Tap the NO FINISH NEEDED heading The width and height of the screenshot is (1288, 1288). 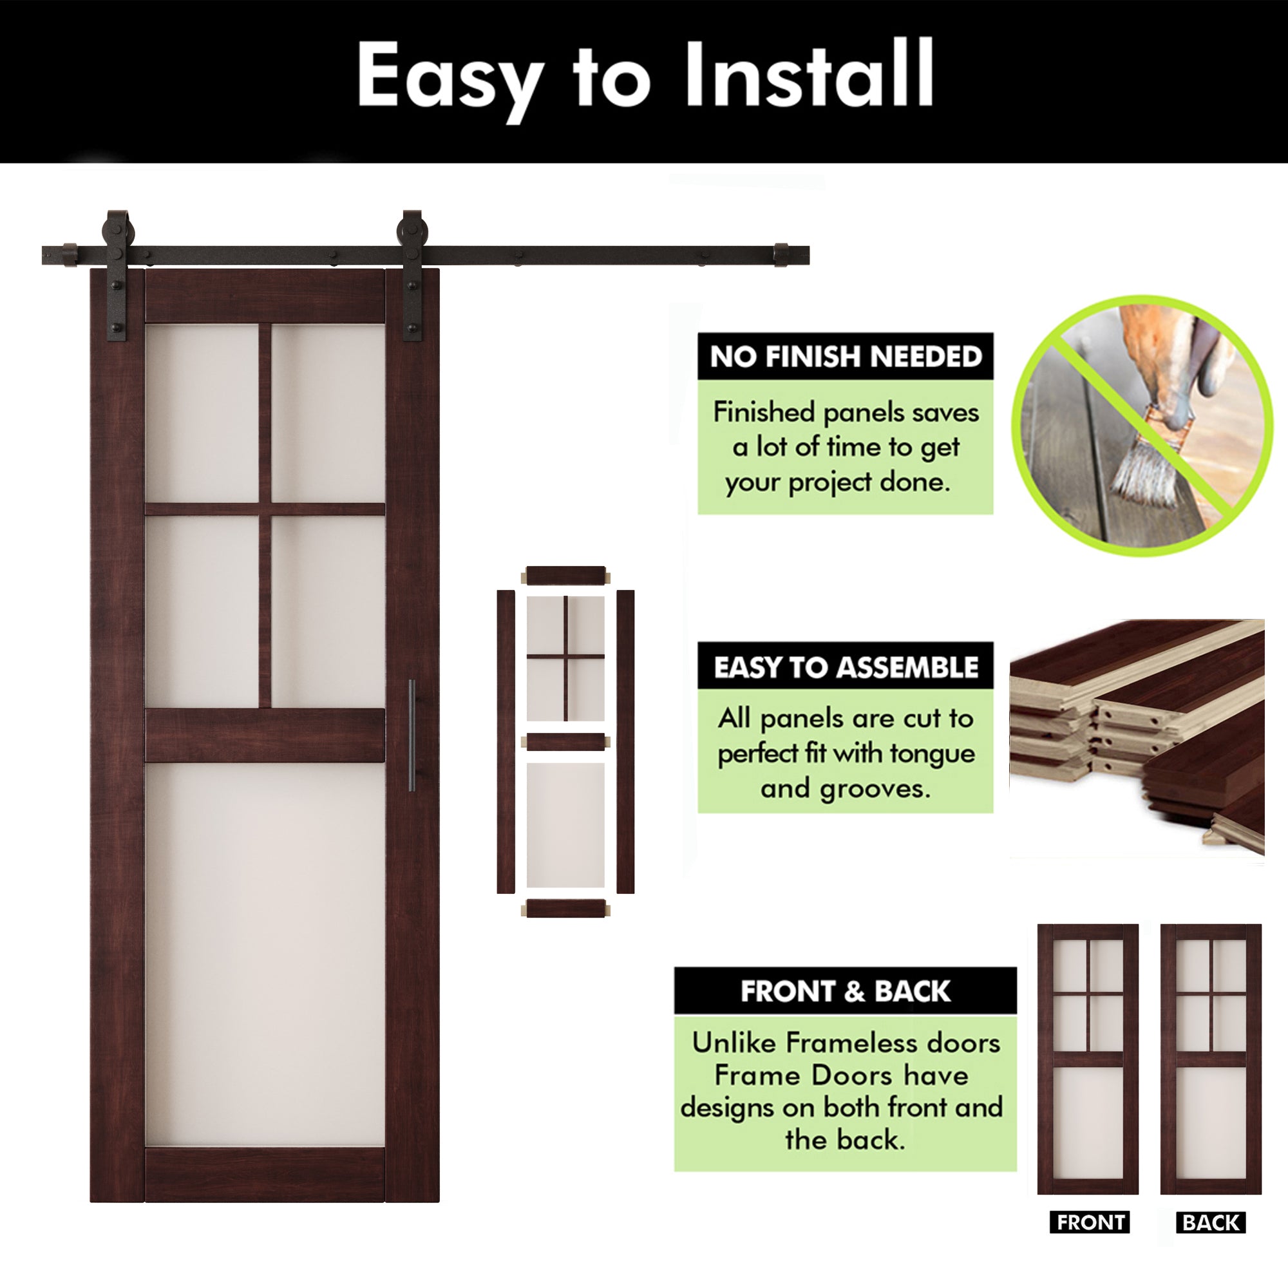846,357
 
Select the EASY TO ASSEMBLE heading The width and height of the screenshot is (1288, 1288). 846,667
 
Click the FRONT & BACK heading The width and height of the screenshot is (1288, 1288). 845,991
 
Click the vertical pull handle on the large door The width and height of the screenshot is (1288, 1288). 412,735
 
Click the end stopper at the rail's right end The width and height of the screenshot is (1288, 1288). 781,255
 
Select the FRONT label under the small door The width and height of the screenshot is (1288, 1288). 1090,1241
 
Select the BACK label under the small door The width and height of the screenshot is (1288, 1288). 1211,1242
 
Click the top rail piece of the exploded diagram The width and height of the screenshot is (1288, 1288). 565,575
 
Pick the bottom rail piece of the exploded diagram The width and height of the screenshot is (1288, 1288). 565,909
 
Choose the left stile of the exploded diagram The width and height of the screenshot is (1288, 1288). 506,741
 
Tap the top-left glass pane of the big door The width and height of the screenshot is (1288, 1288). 202,413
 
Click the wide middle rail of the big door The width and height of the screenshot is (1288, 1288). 265,735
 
